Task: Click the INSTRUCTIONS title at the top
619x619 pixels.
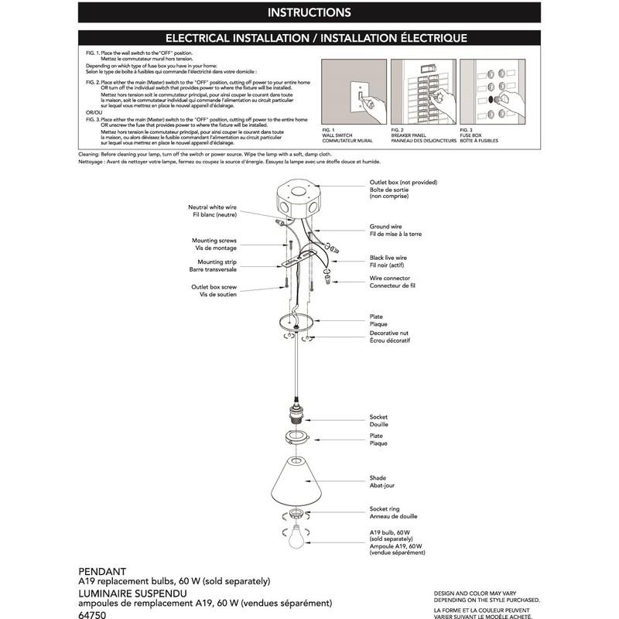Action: pyautogui.click(x=309, y=12)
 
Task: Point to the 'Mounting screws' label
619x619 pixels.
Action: pyautogui.click(x=214, y=245)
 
